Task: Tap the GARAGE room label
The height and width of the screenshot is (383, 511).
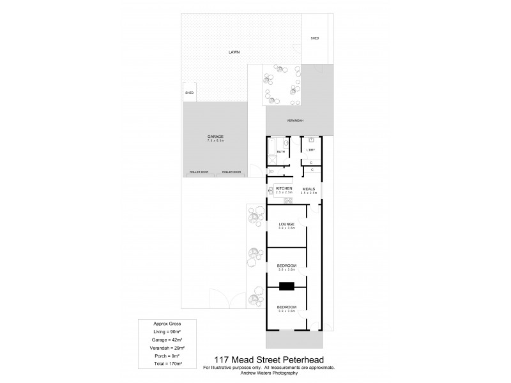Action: pos(215,137)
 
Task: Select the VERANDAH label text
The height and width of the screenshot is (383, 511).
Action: pos(294,121)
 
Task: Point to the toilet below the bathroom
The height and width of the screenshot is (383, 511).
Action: pos(272,172)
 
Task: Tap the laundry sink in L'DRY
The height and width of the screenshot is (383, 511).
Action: pos(312,140)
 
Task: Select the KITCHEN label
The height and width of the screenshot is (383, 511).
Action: pos(284,189)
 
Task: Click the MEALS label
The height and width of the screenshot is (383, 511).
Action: pos(309,189)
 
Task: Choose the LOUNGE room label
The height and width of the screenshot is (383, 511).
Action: pos(286,225)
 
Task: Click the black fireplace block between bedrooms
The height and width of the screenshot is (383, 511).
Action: pos(287,286)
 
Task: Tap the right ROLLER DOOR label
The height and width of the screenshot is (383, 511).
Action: pos(231,172)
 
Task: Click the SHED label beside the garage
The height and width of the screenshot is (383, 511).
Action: pos(190,93)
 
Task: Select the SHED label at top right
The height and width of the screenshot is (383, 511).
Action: pos(314,39)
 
